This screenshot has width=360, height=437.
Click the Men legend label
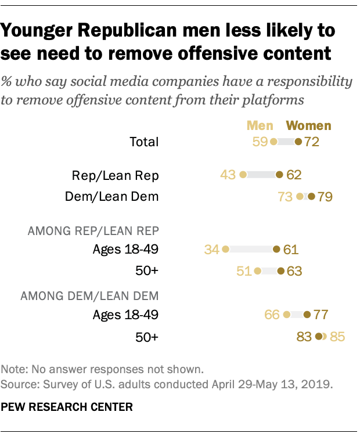(260, 125)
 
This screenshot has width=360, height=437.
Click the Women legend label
(309, 125)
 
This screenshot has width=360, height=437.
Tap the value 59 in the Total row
(260, 141)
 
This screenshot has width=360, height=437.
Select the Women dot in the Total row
(298, 141)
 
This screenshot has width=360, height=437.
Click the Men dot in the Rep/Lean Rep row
(243, 174)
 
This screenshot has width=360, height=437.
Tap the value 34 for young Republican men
(212, 250)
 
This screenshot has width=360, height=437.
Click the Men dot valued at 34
(225, 250)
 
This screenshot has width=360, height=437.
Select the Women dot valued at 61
(276, 250)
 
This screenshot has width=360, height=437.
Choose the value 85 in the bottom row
(338, 337)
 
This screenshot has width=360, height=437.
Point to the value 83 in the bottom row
(304, 337)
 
